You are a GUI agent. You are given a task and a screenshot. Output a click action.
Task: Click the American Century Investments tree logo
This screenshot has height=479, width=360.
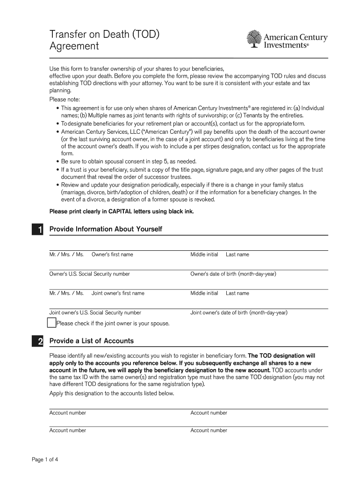(x=253, y=39)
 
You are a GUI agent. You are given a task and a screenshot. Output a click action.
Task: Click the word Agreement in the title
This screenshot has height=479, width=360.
(x=74, y=46)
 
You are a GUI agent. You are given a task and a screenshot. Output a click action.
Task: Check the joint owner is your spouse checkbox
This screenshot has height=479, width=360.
(x=51, y=323)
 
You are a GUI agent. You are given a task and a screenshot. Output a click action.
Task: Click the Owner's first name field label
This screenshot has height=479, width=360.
(x=112, y=254)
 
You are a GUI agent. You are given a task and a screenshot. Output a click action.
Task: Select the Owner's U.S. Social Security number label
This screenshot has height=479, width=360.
(x=90, y=274)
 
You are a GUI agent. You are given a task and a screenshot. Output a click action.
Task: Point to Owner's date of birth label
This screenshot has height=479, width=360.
(x=233, y=274)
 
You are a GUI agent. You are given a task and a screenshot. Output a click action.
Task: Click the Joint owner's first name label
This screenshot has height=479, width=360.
(x=118, y=293)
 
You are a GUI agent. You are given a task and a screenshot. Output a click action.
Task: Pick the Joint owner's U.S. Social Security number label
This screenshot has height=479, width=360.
(x=95, y=312)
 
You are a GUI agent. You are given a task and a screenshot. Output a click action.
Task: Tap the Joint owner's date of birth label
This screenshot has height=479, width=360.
(x=239, y=312)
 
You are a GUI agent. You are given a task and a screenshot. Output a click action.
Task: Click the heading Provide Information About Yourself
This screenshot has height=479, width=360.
(x=106, y=229)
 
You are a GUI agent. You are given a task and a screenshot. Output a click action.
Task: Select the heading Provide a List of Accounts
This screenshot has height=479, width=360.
(x=92, y=341)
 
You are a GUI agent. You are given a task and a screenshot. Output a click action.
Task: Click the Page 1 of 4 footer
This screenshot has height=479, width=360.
(x=45, y=459)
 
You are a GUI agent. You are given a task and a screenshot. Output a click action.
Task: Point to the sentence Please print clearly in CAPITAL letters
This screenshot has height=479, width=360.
(x=122, y=211)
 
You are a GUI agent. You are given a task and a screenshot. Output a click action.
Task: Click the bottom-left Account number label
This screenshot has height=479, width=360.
(x=68, y=430)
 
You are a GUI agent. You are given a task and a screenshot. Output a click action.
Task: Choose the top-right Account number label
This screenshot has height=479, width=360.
(x=209, y=413)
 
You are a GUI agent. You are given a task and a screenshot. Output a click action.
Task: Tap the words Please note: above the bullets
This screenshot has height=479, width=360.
(x=65, y=100)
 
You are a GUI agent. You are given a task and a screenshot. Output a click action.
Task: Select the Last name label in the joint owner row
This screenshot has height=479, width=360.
(x=238, y=293)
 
